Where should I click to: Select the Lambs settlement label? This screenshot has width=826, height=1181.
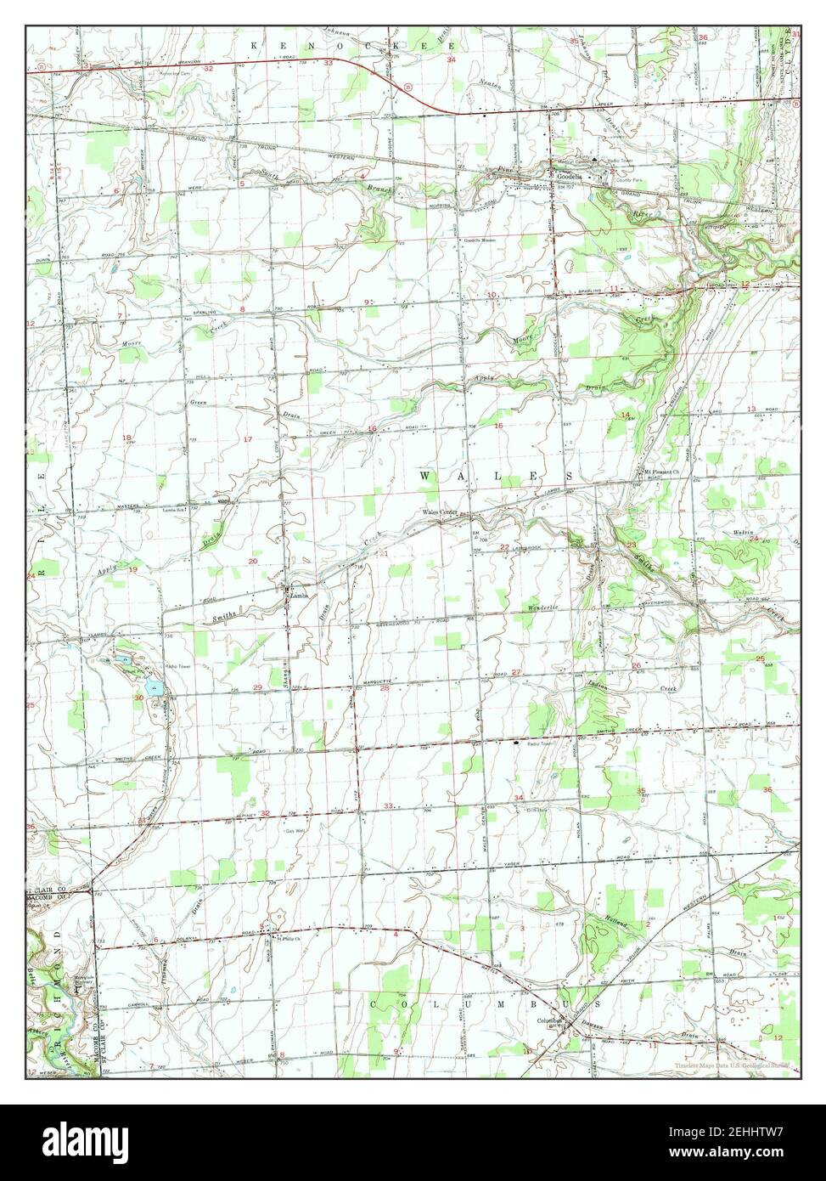[296, 596]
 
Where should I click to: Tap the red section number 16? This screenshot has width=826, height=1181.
[373, 429]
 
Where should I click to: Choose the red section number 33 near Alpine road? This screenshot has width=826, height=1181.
[388, 805]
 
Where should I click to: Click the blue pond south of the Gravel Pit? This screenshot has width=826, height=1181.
[154, 689]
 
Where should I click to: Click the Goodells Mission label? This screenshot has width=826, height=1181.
[478, 240]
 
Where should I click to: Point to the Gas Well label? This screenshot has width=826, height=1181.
[294, 831]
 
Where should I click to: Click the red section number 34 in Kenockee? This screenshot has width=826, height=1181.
[452, 60]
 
